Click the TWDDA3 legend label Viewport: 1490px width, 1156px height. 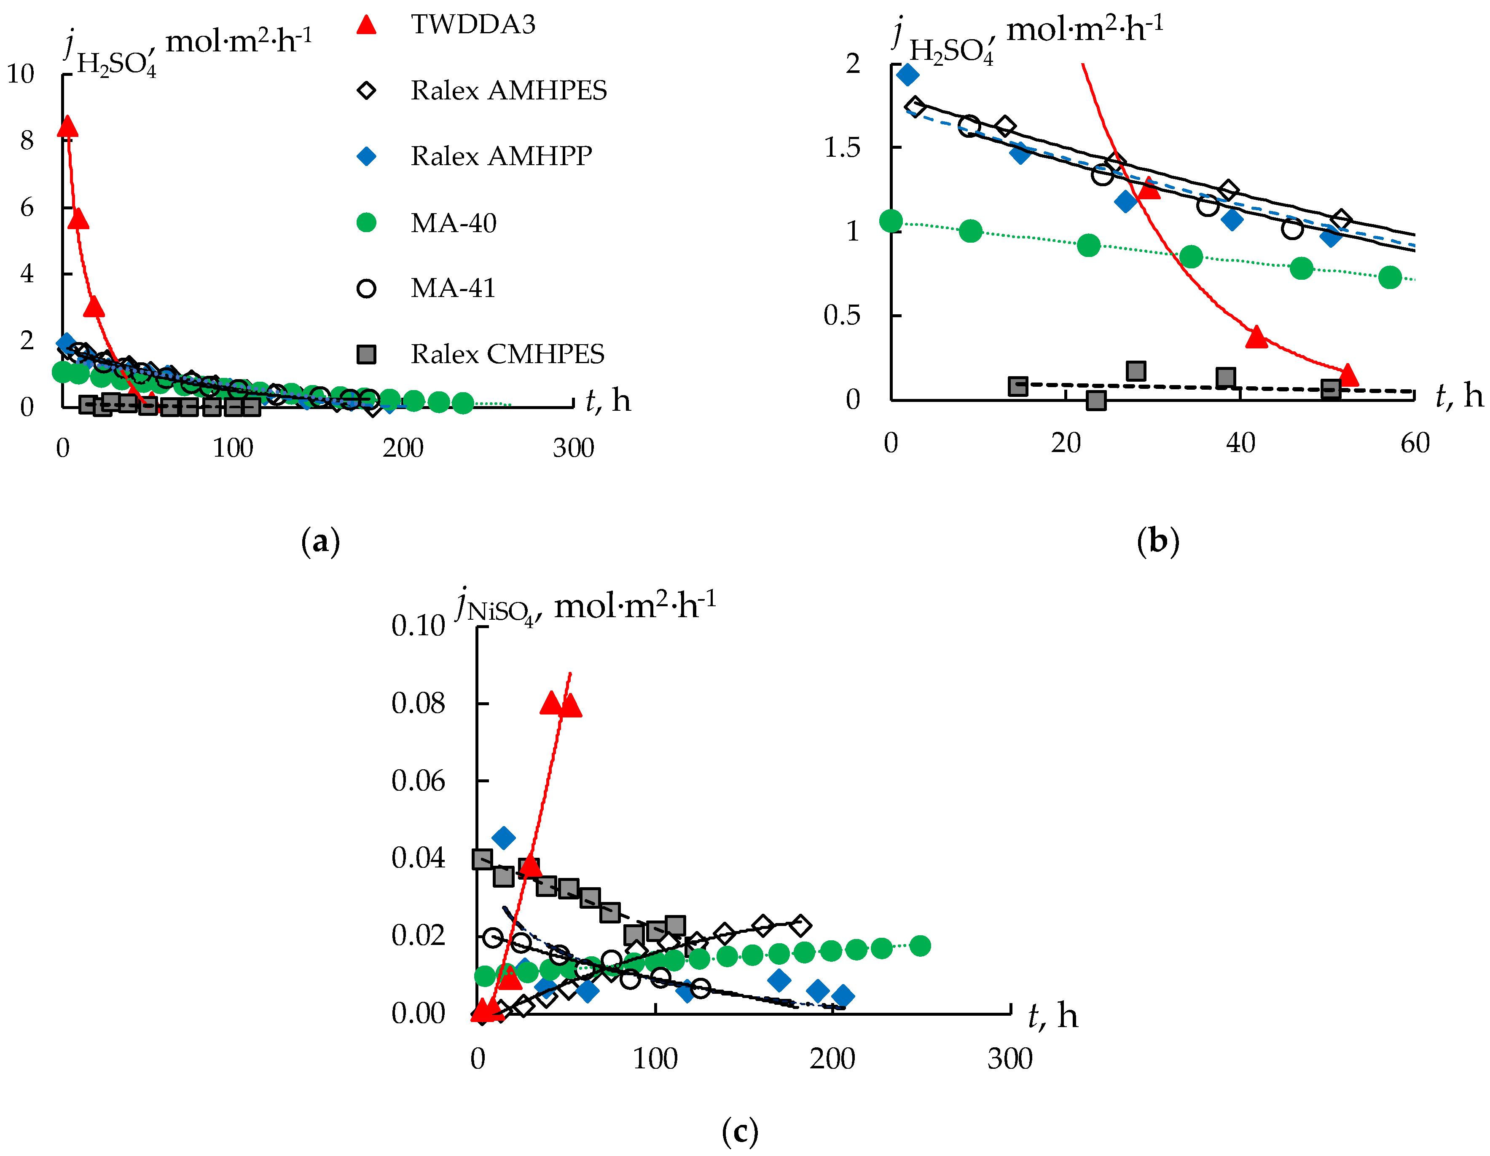(x=473, y=24)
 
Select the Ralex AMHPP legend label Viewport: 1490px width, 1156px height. (x=501, y=156)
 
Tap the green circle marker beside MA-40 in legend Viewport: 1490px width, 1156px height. (x=366, y=222)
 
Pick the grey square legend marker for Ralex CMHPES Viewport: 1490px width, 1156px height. (x=366, y=354)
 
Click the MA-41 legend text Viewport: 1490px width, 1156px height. (x=453, y=289)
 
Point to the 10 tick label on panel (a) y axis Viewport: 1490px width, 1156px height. (x=21, y=74)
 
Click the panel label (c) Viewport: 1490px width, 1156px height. (x=740, y=1132)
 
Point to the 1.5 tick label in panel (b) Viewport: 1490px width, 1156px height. (x=841, y=147)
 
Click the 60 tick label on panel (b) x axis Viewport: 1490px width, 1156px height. (x=1415, y=443)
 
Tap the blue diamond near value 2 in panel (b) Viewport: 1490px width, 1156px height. (x=907, y=74)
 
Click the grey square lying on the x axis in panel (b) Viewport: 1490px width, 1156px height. (x=1095, y=400)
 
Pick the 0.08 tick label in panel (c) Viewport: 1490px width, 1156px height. (x=418, y=703)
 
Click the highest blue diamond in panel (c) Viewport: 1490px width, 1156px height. (x=504, y=838)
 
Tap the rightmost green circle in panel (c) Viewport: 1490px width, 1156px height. (x=920, y=946)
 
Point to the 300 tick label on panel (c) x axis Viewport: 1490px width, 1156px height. (x=1010, y=1059)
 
